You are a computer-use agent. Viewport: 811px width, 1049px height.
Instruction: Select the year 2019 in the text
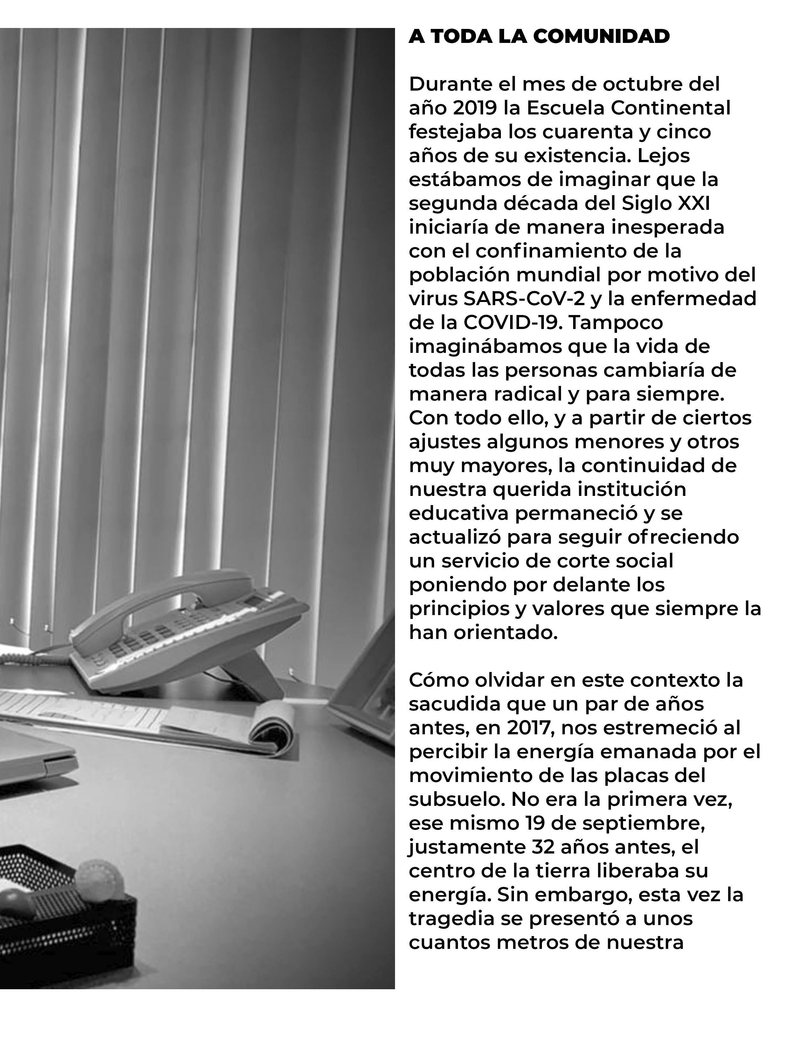point(475,108)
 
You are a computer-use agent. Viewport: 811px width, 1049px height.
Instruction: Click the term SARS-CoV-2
point(524,299)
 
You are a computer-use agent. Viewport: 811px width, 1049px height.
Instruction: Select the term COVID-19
point(512,323)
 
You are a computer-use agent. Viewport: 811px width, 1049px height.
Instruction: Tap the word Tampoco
point(616,323)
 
